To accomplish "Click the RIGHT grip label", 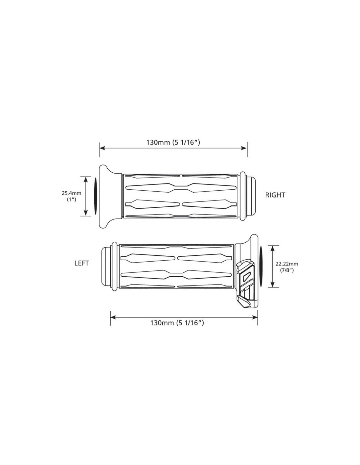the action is pos(275,195).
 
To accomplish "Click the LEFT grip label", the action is pos(81,263).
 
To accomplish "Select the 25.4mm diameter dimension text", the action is pos(72,193).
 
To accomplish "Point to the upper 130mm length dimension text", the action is pos(173,142).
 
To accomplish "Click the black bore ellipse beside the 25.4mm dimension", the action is pos(95,196).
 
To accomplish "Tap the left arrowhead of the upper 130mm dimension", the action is pos(102,148).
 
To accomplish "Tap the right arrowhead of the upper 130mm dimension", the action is pos(245,148).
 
